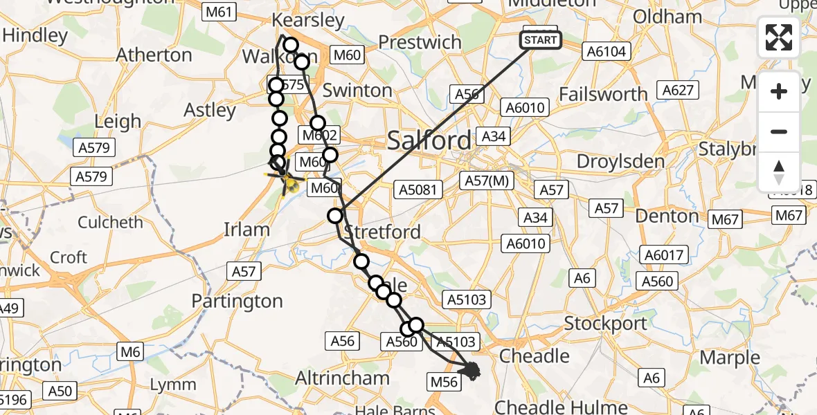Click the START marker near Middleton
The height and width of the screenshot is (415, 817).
pos(540,40)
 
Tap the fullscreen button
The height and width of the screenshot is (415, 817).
pos(779,37)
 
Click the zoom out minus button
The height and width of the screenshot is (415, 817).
pos(779,131)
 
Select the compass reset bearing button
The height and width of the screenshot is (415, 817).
pos(779,172)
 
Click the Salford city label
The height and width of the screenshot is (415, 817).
pos(429,141)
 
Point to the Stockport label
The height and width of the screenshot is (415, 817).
pos(606,323)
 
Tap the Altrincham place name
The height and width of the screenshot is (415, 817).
pos(342,378)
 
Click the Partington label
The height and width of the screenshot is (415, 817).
pos(237,302)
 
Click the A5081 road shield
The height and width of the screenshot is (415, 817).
pos(418,190)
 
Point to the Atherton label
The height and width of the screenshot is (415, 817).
pos(154,55)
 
